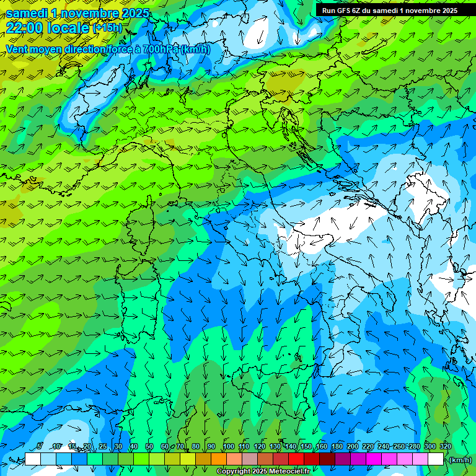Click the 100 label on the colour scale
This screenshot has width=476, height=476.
[x=229, y=447]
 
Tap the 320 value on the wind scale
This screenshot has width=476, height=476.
[x=446, y=447]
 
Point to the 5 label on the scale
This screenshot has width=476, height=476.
[x=40, y=447]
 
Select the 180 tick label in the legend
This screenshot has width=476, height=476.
[x=337, y=447]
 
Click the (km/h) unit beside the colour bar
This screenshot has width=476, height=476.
[x=461, y=460]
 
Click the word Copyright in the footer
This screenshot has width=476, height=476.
[x=233, y=472]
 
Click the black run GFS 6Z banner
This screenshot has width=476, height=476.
[x=390, y=11]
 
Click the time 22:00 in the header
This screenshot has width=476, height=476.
[x=24, y=28]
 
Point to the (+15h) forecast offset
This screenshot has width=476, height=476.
[x=107, y=28]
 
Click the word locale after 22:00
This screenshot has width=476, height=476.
[x=67, y=28]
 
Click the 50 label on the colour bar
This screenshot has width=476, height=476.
[x=149, y=447]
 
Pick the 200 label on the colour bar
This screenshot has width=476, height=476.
[x=353, y=447]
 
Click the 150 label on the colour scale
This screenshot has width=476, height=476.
[x=306, y=447]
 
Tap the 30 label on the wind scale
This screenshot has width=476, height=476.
[x=118, y=447]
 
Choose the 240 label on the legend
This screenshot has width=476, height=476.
[x=384, y=447]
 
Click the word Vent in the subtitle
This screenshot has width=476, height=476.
[x=17, y=49]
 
